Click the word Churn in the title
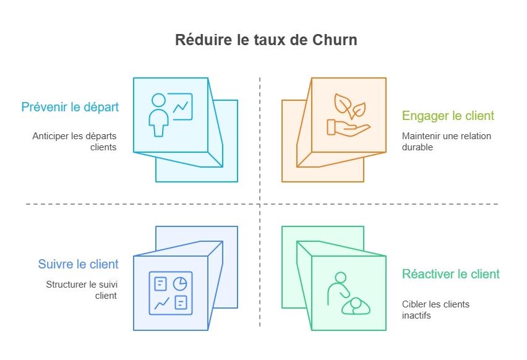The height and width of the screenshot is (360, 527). coord(335,40)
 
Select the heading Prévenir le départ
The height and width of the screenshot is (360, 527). coord(70,106)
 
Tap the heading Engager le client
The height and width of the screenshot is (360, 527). coord(448,116)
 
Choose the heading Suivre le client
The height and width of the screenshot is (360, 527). coord(78,264)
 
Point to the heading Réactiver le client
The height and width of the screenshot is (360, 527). coord(450,274)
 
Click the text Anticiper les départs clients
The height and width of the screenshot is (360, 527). coord(74,142)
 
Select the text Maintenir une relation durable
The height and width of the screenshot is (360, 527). coord(446,142)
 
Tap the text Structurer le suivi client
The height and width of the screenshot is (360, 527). coord(81,290)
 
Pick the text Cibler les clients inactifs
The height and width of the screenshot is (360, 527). coord(435,310)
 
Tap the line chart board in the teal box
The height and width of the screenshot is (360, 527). coord(182,106)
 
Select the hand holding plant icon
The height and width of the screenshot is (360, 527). coord(348,115)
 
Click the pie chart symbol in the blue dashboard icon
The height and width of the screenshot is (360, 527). coord(180,283)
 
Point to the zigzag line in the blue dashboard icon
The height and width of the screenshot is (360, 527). coord(161,303)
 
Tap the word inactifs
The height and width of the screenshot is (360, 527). coord(416,315)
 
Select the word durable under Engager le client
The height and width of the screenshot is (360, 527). coord(417,147)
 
